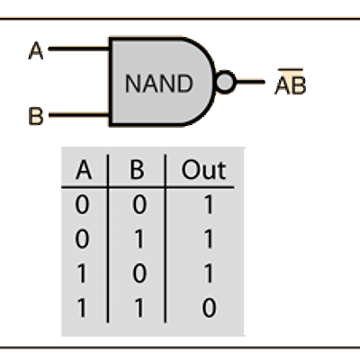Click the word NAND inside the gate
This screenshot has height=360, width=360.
(158, 84)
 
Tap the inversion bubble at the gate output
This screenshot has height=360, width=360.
(225, 82)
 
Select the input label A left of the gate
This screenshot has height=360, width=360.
(36, 50)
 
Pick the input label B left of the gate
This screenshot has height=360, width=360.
(36, 116)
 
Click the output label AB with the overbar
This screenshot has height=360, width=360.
(291, 82)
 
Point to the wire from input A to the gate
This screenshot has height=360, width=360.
(79, 49)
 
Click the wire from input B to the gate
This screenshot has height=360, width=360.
(79, 115)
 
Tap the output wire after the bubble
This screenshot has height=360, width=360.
(250, 82)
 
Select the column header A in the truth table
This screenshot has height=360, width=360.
(84, 170)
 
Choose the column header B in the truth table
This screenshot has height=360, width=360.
(137, 170)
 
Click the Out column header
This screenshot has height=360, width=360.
(203, 170)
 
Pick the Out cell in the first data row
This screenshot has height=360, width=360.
(208, 205)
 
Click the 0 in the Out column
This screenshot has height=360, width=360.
(209, 308)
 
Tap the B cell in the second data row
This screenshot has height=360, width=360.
(139, 239)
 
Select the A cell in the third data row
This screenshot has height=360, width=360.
(82, 274)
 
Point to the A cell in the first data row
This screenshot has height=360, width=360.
(82, 205)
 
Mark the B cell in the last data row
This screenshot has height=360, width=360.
(139, 308)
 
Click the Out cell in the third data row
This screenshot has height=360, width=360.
(208, 274)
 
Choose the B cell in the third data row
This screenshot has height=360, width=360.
(139, 274)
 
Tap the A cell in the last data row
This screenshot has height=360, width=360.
(82, 308)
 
